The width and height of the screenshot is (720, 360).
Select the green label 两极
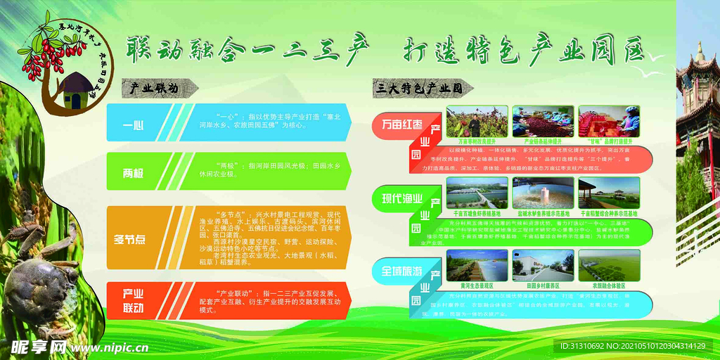pyautogui.click(x=134, y=172)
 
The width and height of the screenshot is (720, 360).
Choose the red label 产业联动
pyautogui.click(x=134, y=300)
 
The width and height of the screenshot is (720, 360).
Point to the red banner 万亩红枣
pyautogui.click(x=401, y=125)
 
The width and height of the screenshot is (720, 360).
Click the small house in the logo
pyautogui.click(x=72, y=91)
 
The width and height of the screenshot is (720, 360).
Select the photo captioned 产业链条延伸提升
pyautogui.click(x=542, y=121)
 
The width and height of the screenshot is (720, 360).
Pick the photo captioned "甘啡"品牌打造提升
pyautogui.click(x=609, y=121)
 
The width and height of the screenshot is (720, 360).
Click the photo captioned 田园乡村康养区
pyautogui.click(x=542, y=265)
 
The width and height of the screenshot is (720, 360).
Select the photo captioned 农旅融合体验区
pyautogui.click(x=609, y=265)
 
